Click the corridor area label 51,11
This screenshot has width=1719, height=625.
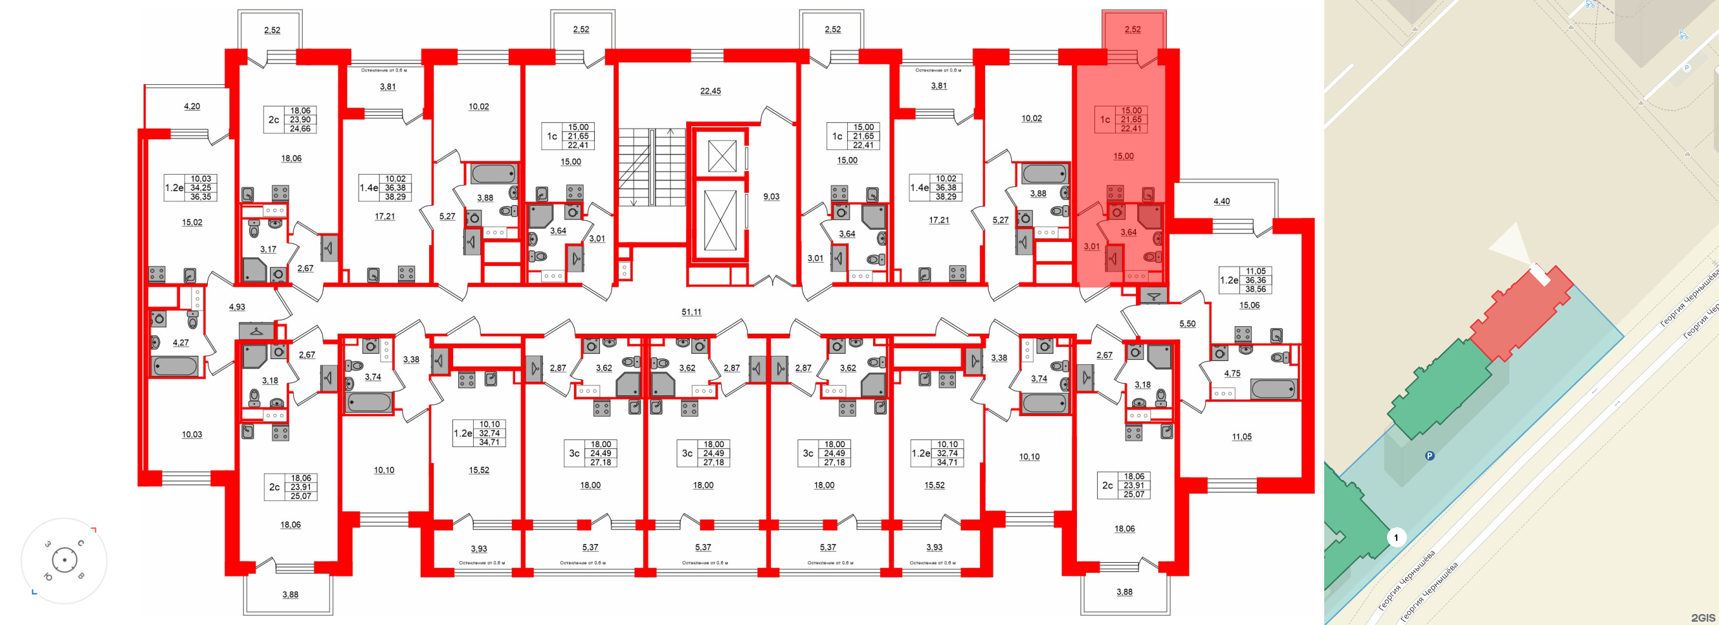691,311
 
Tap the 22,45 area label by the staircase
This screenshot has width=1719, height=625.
710,91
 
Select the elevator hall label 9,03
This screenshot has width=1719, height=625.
771,196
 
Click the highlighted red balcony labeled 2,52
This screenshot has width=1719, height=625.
1133,29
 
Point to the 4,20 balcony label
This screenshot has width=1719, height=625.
192,106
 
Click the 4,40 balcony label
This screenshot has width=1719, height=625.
1221,201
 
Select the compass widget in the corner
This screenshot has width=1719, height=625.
64,560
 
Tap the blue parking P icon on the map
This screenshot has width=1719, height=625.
1430,456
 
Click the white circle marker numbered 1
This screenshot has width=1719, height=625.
1395,537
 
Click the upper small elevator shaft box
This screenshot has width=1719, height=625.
721,155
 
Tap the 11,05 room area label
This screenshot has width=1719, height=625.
1241,437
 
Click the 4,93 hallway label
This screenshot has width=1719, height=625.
237,307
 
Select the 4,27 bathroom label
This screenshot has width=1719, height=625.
180,342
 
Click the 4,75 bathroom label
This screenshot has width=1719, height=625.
1232,373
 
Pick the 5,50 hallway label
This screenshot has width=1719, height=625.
1187,323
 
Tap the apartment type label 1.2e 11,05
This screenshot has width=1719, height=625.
1245,280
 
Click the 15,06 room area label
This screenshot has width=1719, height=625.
1249,305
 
